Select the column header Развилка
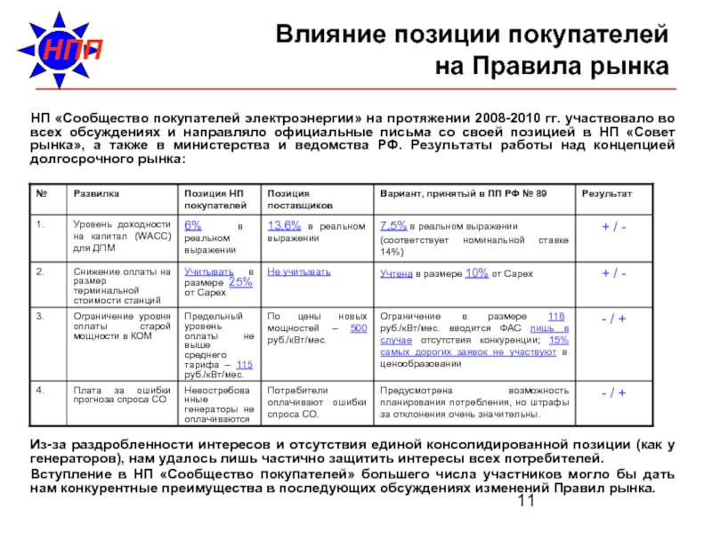97,193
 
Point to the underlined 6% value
193,225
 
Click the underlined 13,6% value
285,225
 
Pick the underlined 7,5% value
393,225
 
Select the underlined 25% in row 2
240,282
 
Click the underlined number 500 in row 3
358,328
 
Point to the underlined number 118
556,317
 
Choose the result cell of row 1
614,227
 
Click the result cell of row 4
614,392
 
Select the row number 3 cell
39,315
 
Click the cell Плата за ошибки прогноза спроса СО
119,397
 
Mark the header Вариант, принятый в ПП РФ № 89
463,193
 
